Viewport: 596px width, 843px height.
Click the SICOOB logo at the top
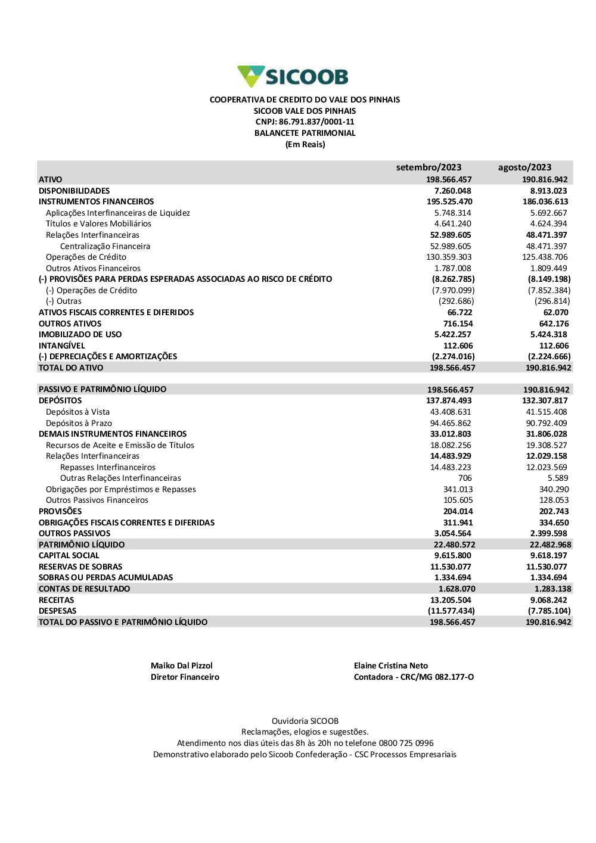point(293,77)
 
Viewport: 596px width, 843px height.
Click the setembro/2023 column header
point(429,167)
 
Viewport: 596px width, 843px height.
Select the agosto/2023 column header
point(524,167)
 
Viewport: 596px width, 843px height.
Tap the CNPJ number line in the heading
point(305,122)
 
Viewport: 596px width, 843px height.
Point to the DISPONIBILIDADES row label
point(74,191)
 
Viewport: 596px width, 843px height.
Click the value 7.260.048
point(452,191)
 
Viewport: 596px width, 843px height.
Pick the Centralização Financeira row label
point(105,246)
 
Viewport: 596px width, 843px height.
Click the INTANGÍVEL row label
point(62,346)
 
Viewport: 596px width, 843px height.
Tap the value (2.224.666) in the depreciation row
point(549,356)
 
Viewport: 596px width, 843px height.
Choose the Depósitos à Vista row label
point(77,412)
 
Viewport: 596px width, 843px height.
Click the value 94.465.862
point(451,423)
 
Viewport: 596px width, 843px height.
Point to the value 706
point(465,478)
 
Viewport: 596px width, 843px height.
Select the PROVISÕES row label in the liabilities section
point(60,511)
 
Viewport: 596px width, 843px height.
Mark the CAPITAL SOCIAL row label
point(69,555)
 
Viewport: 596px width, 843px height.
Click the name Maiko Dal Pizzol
point(182,665)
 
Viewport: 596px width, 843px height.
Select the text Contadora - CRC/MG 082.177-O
point(414,677)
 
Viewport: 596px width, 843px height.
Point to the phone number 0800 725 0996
point(406,743)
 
